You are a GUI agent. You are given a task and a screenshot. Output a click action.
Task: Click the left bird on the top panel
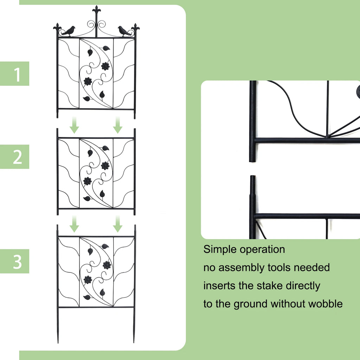(69, 31)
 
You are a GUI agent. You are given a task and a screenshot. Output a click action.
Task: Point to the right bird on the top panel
(124, 31)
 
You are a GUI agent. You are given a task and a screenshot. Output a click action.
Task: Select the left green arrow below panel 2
(74, 224)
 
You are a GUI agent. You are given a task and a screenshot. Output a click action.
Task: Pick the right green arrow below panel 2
(118, 224)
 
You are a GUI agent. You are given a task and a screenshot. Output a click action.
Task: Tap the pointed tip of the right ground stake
(134, 341)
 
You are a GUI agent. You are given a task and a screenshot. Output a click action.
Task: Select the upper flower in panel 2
(105, 166)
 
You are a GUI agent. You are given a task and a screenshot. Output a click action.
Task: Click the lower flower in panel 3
(88, 280)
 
